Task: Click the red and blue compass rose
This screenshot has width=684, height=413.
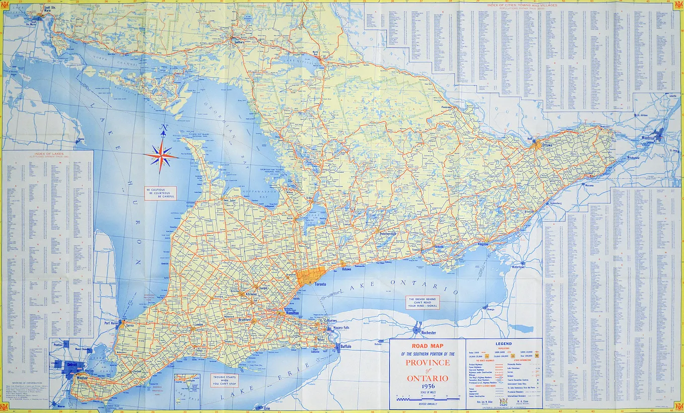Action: coord(161,156)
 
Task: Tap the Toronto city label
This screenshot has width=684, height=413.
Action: coord(320,284)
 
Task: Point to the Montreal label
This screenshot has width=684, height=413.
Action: coord(647,138)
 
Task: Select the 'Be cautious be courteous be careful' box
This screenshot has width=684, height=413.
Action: coord(161,193)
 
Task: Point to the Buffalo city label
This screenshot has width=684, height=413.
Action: coord(346,347)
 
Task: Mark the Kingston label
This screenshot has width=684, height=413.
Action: coord(483,244)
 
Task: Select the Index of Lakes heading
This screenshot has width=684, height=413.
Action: coord(48,154)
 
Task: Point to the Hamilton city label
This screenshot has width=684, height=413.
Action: coord(292,313)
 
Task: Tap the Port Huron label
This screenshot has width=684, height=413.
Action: coord(111,323)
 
